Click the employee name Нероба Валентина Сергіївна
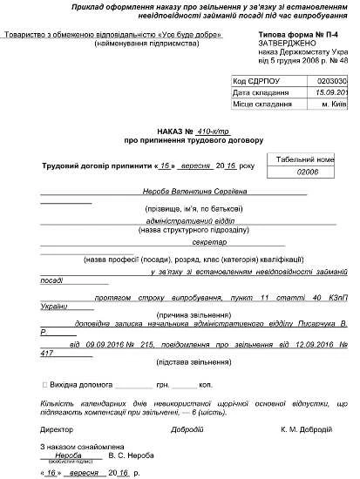183,190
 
